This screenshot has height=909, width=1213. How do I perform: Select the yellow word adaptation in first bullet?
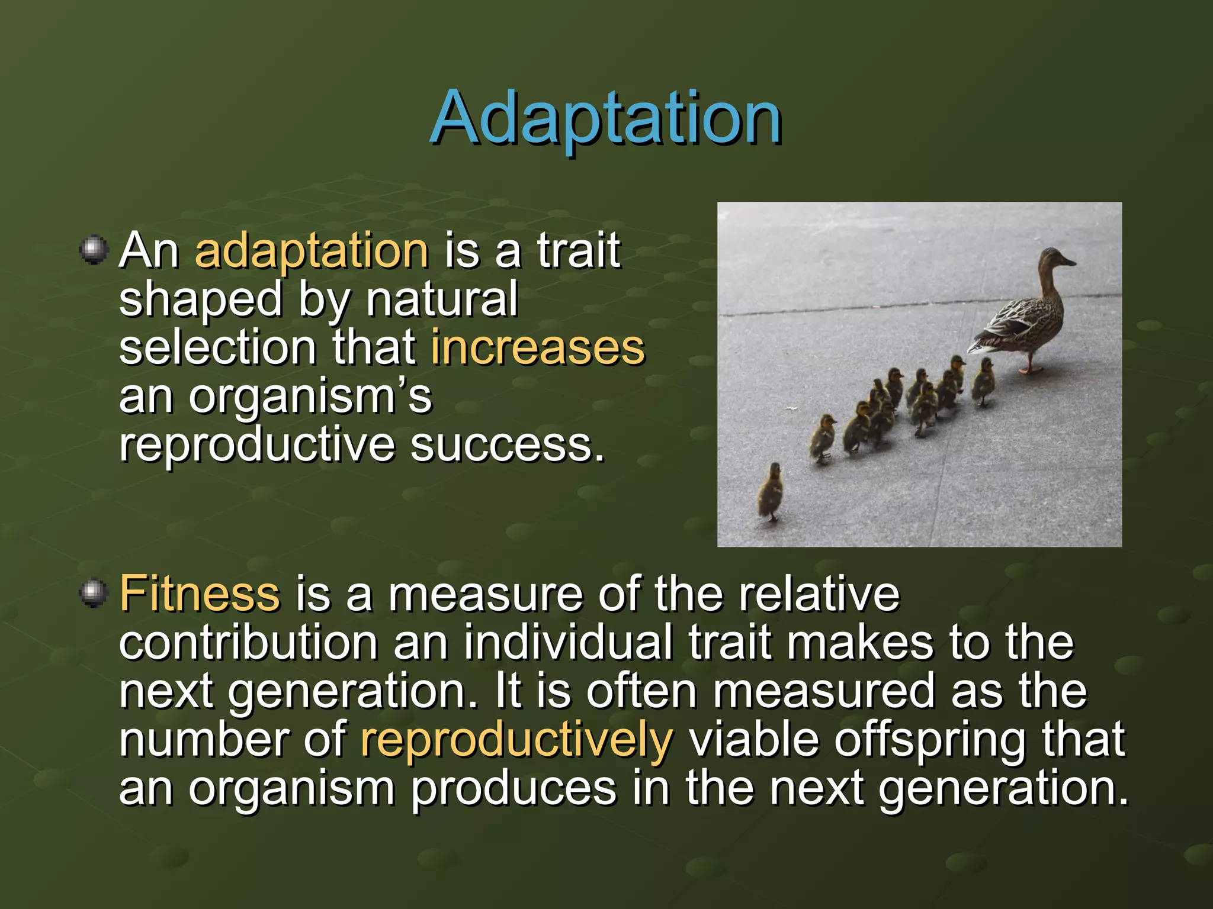(312, 251)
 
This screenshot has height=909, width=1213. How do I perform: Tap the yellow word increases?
(537, 348)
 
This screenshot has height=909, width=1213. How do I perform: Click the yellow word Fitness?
(200, 594)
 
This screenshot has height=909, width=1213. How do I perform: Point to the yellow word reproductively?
(516, 740)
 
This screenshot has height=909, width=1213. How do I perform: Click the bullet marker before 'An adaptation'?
(94, 250)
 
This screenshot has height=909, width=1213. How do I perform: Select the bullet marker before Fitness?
(94, 593)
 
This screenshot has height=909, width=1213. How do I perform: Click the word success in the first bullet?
(508, 445)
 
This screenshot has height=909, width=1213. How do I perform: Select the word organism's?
(310, 397)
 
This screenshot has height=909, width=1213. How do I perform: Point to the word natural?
(442, 299)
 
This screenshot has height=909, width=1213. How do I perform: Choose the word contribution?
(248, 643)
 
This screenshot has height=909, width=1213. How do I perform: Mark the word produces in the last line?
(513, 789)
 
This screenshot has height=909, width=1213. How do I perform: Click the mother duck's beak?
(1069, 261)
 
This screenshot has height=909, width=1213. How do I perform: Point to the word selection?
(217, 348)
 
